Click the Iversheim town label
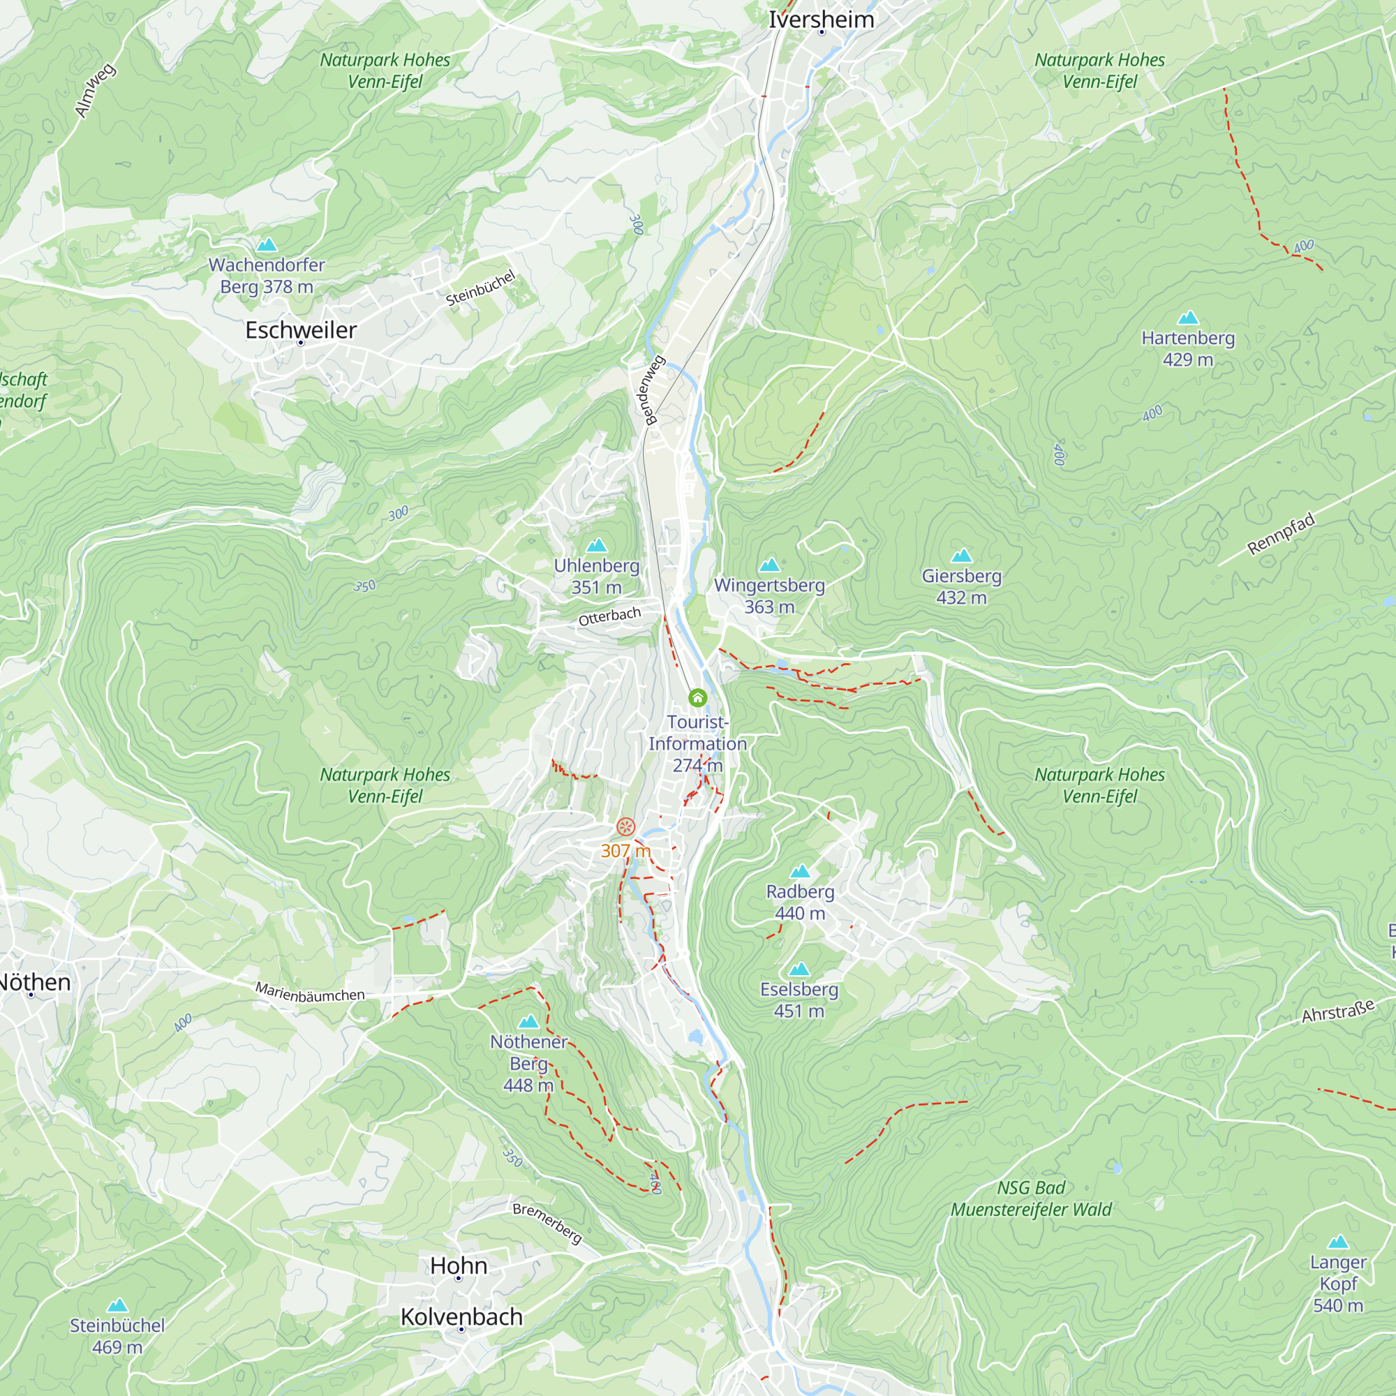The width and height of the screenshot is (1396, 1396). tap(821, 20)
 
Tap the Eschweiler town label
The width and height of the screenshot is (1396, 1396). tap(301, 330)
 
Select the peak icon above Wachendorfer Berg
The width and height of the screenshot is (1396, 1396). tap(267, 245)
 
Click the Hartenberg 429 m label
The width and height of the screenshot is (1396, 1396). tap(1188, 348)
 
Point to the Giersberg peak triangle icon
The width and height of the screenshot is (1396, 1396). tap(961, 556)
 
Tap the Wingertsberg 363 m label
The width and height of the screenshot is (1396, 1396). tap(769, 595)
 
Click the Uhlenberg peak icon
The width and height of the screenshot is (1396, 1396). tap(596, 546)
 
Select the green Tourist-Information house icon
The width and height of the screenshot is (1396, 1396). tap(697, 697)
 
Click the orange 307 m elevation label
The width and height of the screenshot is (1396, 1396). tap(625, 850)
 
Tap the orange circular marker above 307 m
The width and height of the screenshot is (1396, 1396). tap(625, 826)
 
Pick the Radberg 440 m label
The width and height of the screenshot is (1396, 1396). tap(800, 902)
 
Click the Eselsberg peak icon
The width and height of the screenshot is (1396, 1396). tap(799, 969)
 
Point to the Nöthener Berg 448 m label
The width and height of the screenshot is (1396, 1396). tap(528, 1063)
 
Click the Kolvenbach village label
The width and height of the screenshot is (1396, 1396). tap(461, 1316)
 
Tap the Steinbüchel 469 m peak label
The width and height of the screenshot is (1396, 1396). tap(117, 1335)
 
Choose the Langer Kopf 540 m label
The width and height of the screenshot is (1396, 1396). tap(1337, 1284)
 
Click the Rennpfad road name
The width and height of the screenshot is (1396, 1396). tap(1280, 535)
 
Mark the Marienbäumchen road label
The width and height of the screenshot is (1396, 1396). tap(309, 993)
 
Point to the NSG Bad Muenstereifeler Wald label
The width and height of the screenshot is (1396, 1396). tap(1030, 1198)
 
